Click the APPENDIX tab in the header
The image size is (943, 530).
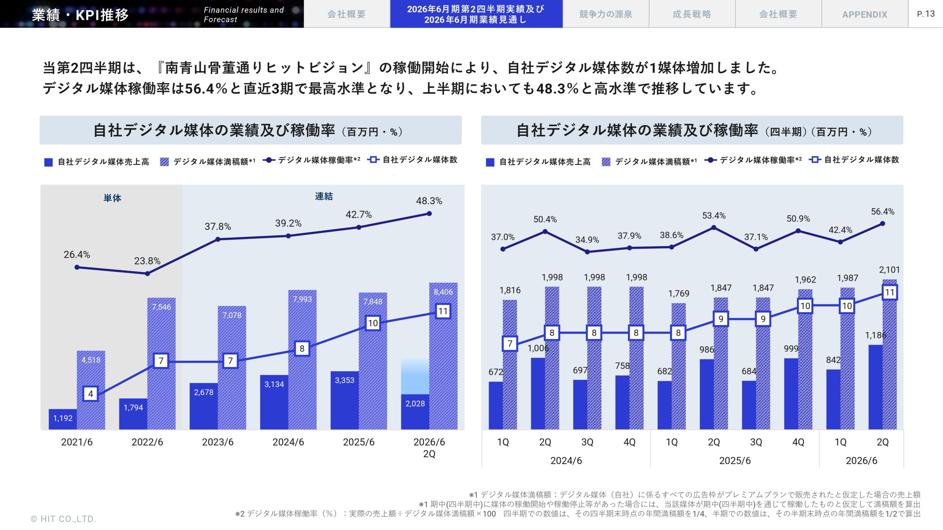click(x=865, y=14)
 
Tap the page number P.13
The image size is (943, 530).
click(x=926, y=14)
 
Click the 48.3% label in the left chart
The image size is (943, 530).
click(x=429, y=201)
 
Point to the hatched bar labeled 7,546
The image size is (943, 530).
click(x=161, y=364)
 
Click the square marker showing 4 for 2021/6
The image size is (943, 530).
click(x=91, y=394)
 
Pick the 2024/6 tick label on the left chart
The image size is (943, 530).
click(x=288, y=442)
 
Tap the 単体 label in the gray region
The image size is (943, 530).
click(x=112, y=198)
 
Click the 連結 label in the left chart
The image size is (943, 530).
click(x=324, y=196)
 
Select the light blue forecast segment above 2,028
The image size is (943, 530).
click(x=415, y=376)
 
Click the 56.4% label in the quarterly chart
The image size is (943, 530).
click(x=882, y=212)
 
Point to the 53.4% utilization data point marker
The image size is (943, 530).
click(x=714, y=227)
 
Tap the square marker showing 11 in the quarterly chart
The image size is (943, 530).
click(x=890, y=293)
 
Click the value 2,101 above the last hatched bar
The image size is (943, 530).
click(x=889, y=270)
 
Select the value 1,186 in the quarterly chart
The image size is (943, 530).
click(x=876, y=335)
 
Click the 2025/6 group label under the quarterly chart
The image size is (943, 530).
click(x=735, y=460)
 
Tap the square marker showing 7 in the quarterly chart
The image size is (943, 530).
click(x=510, y=344)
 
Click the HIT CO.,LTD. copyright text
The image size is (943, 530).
click(x=63, y=519)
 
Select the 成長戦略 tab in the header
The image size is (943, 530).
click(x=692, y=14)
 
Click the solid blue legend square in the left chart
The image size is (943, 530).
click(x=48, y=162)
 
